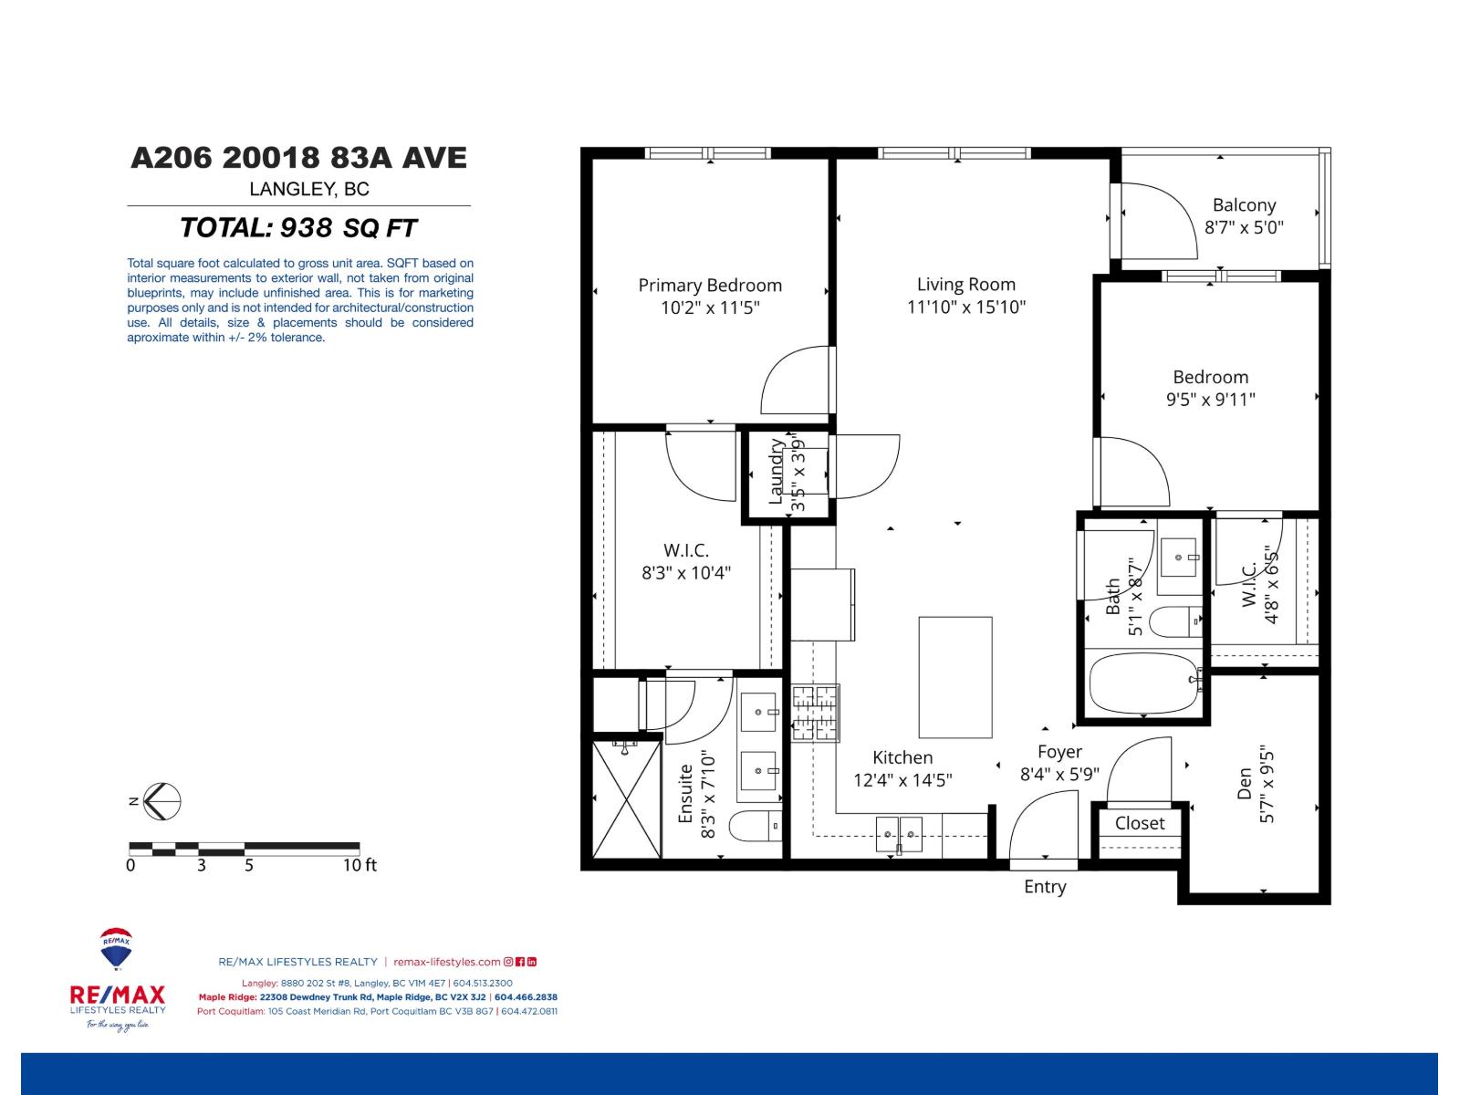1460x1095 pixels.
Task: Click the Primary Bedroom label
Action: pyautogui.click(x=710, y=286)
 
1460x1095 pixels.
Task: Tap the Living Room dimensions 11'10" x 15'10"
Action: pyautogui.click(x=966, y=308)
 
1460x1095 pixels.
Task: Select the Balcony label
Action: pyautogui.click(x=1244, y=205)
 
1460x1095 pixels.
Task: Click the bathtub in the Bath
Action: pyautogui.click(x=1142, y=684)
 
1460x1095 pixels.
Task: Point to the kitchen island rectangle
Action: pyautogui.click(x=954, y=676)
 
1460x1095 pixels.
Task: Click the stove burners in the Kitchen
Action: pyautogui.click(x=815, y=713)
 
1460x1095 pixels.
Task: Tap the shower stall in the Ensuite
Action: pyautogui.click(x=626, y=798)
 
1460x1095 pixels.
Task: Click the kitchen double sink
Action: pyautogui.click(x=899, y=834)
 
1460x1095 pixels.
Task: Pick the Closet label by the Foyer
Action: pyautogui.click(x=1140, y=823)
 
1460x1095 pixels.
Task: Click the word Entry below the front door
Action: pyautogui.click(x=1045, y=887)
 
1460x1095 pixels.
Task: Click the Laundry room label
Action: pyautogui.click(x=777, y=472)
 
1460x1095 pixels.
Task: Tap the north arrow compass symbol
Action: pyautogui.click(x=162, y=801)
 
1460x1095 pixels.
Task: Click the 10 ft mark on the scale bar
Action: pyautogui.click(x=360, y=864)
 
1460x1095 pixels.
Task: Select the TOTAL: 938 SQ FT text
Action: pyautogui.click(x=298, y=227)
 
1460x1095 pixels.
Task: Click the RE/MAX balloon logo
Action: pyautogui.click(x=116, y=950)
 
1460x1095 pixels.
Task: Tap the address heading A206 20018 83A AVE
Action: pyautogui.click(x=298, y=158)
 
